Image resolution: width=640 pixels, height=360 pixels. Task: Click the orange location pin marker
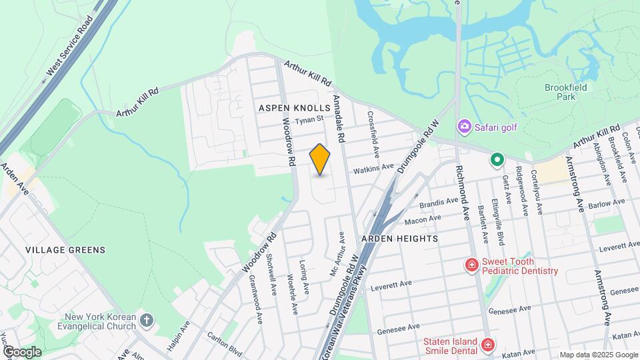click(320, 160)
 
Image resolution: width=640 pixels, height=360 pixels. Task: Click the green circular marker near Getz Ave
click(496, 160)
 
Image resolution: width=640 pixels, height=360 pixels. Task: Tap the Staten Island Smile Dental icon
click(488, 345)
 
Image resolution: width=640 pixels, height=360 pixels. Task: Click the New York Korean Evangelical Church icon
click(147, 323)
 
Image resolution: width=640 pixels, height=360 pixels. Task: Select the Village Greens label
click(65, 250)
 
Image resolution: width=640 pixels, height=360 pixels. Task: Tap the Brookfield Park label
click(565, 91)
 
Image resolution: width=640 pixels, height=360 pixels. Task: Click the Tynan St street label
click(309, 119)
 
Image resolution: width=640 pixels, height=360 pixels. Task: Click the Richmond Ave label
click(465, 193)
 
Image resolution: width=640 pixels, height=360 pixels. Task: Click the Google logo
click(22, 351)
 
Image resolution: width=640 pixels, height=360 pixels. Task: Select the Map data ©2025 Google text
click(598, 355)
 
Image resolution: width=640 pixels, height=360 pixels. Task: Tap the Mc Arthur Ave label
click(337, 255)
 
